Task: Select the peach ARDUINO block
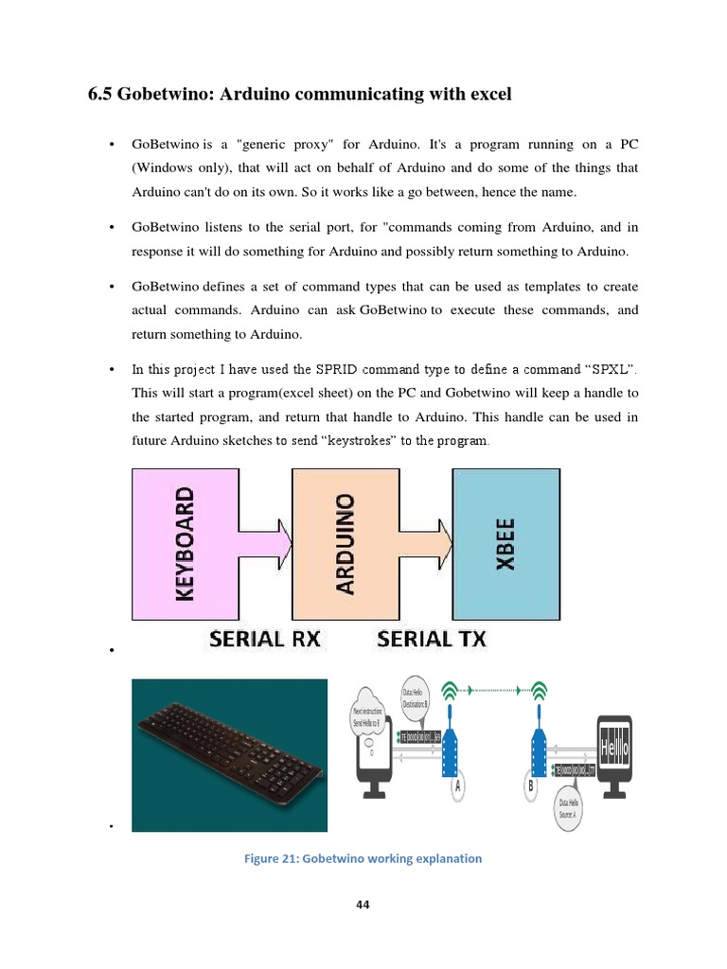[x=346, y=543]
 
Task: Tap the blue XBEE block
[x=505, y=543]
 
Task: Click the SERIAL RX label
[x=265, y=639]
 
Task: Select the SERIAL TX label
[x=432, y=639]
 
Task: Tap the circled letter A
[x=459, y=784]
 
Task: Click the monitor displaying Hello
[x=614, y=753]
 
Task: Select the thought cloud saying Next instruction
[x=366, y=715]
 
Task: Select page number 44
[x=363, y=905]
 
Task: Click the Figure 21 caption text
[x=363, y=858]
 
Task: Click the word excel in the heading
[x=486, y=94]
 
